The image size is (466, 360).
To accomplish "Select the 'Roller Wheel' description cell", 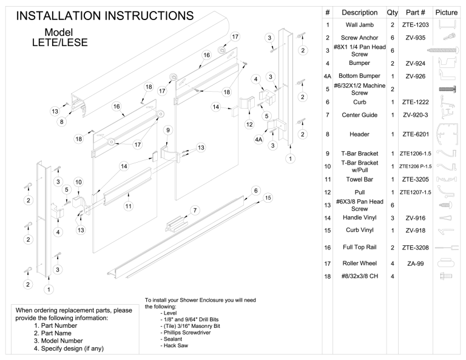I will pyautogui.click(x=359, y=263).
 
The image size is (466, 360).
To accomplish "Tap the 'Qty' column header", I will pyautogui.click(x=392, y=12).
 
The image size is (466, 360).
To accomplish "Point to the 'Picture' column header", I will pyautogui.click(x=447, y=12).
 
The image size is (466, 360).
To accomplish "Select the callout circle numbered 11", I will pyautogui.click(x=128, y=206).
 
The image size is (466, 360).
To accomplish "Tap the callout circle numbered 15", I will pyautogui.click(x=268, y=197).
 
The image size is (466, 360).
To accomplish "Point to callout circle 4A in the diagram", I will pyautogui.click(x=259, y=139).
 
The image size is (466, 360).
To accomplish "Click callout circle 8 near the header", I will pyautogui.click(x=61, y=121).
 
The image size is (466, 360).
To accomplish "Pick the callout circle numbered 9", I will pyautogui.click(x=168, y=129).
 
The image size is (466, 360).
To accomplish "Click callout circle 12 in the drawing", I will pyautogui.click(x=249, y=124).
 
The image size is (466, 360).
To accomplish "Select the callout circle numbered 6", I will pyautogui.click(x=250, y=190).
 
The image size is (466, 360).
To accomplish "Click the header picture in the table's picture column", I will pyautogui.click(x=447, y=134).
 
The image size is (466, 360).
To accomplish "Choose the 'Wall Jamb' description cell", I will pyautogui.click(x=359, y=25).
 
